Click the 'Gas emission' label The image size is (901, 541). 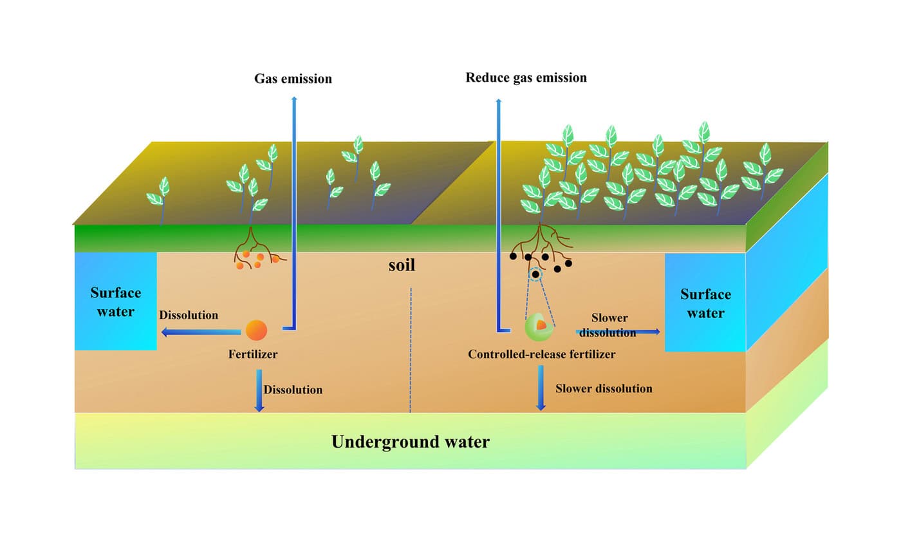[x=293, y=79]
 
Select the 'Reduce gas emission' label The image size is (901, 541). [x=526, y=78]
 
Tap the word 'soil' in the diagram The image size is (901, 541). [x=402, y=265]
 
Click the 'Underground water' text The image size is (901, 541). [x=410, y=442]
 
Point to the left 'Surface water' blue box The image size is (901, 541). [x=116, y=301]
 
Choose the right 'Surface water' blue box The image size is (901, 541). [x=705, y=303]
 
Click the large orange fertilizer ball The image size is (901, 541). [x=255, y=330]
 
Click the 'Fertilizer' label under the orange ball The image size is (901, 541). [x=252, y=354]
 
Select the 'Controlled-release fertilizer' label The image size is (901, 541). [x=541, y=354]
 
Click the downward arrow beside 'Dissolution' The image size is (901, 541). [x=259, y=390]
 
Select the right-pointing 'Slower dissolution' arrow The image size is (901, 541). [x=618, y=331]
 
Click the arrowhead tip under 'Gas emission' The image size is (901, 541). [x=294, y=99]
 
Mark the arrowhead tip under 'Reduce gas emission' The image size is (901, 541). [x=497, y=101]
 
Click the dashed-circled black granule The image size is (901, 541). [x=535, y=274]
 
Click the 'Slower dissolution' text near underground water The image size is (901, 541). [x=604, y=389]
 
